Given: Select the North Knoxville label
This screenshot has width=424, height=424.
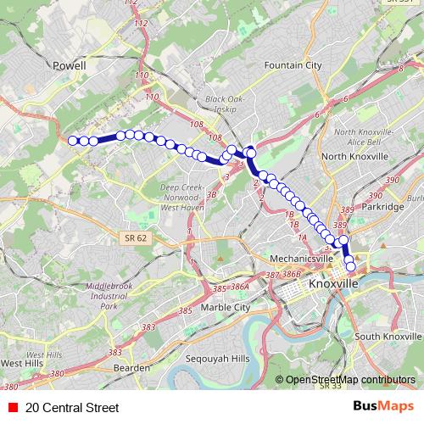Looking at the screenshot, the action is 354,157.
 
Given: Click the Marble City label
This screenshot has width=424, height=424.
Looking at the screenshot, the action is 226,307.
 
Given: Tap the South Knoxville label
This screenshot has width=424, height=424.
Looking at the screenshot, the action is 388,337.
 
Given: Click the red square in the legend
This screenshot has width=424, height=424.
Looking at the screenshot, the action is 13,407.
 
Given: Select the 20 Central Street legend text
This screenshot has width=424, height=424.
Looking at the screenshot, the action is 72,407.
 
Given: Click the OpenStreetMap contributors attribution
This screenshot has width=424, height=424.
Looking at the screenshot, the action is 349,380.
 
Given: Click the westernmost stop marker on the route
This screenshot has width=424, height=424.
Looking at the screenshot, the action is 73,141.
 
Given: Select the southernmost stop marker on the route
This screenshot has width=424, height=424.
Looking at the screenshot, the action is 351,269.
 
